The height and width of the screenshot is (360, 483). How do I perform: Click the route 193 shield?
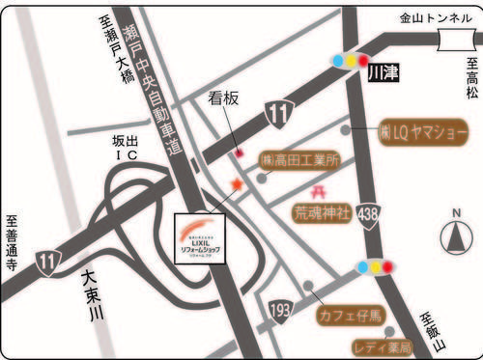[279, 309]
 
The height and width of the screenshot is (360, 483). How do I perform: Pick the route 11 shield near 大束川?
[48, 260]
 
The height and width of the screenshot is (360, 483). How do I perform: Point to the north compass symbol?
[453, 235]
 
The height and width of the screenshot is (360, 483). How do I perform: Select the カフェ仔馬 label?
[350, 315]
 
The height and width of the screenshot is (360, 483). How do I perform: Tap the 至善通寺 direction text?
[13, 246]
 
